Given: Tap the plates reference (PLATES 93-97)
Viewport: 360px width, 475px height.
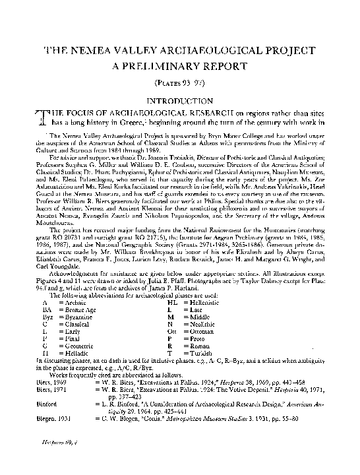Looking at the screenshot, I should (180, 86).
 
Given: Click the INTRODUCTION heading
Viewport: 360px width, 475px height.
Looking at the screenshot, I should (180, 102).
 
